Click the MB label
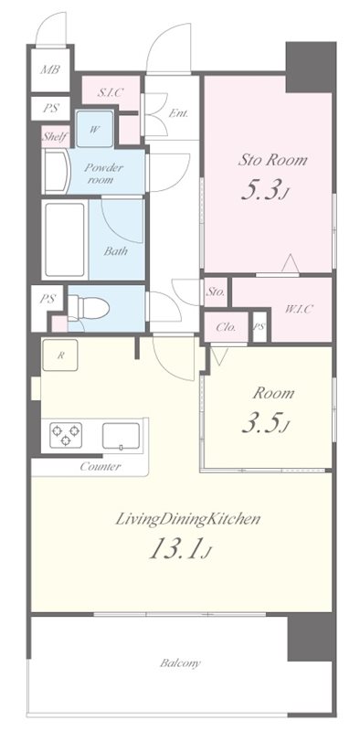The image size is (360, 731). tap(49, 70)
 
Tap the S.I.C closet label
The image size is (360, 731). tap(110, 92)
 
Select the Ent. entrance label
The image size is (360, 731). tap(178, 112)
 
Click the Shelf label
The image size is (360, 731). tap(56, 136)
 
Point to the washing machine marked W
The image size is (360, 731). tap(95, 129)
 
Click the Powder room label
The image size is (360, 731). tap(103, 173)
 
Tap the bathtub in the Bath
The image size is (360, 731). tap(65, 239)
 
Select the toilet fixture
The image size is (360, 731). tap(89, 308)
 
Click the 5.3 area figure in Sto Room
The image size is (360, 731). tap(263, 191)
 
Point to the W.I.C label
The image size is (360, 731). tap(299, 308)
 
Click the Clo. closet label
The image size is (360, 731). tap(227, 327)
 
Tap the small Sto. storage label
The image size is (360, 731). tap(216, 292)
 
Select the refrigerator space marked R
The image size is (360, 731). tap(59, 355)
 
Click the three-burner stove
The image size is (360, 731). tap(66, 435)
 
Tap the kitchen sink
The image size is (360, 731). tap(121, 436)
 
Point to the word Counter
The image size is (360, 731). tap(101, 466)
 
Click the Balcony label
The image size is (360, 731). tap(180, 663)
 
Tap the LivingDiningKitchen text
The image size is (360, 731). tap(187, 519)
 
